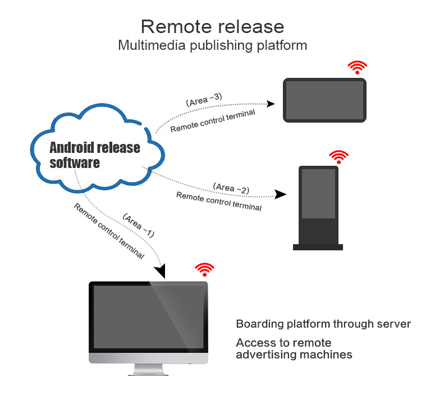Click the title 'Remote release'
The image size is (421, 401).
(x=212, y=26)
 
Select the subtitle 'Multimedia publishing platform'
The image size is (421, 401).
(x=212, y=45)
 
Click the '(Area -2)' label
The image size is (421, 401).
(x=231, y=188)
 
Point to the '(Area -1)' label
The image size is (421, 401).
(x=138, y=223)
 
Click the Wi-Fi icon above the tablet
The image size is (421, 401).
(x=357, y=68)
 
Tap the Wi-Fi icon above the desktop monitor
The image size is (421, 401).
(x=204, y=269)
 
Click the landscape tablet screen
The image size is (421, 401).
(x=325, y=100)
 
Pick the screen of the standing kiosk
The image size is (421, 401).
(x=318, y=193)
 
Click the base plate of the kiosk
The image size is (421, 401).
(x=318, y=246)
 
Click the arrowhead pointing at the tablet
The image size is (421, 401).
(x=271, y=104)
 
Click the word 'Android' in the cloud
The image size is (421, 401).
(x=71, y=148)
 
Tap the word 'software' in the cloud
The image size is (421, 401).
(x=75, y=163)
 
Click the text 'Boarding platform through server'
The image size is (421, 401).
(x=323, y=324)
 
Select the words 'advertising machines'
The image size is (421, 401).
(x=294, y=355)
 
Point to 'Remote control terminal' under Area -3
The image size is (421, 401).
(x=213, y=121)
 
